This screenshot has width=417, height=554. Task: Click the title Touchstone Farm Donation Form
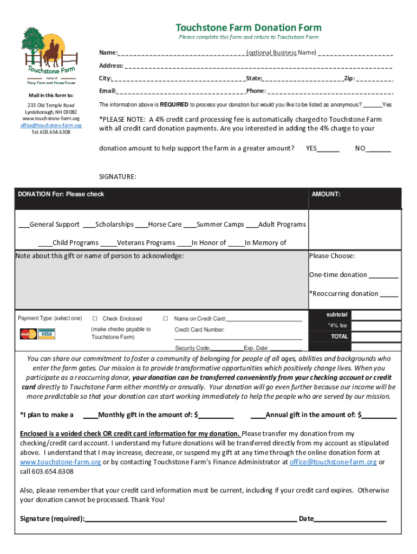[249, 28]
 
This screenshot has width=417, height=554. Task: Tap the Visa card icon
[45, 334]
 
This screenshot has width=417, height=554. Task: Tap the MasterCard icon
[28, 334]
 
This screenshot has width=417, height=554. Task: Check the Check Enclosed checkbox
[95, 319]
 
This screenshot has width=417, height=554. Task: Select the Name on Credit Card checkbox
[166, 319]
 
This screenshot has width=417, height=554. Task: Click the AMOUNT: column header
[326, 194]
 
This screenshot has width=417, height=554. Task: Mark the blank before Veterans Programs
[108, 243]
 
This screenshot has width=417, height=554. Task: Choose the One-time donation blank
[383, 275]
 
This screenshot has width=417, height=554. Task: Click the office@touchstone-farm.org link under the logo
[51, 125]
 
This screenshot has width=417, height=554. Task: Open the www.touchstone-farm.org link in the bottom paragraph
[60, 462]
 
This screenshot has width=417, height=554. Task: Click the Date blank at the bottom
[350, 519]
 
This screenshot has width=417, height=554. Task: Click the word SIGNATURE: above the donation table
[118, 176]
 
